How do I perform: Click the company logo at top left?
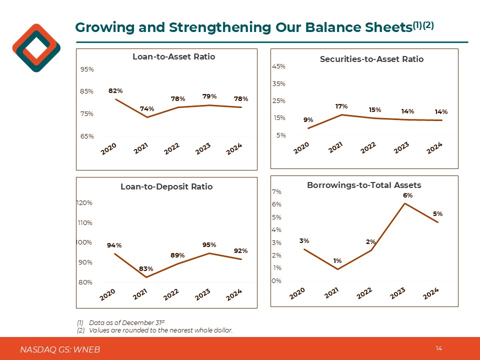pos(36,48)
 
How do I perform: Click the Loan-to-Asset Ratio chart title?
pos(173,57)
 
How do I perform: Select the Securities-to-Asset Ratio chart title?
pos(371,59)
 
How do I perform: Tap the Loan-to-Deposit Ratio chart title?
pos(166,186)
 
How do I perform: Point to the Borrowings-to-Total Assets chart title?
pos(364,185)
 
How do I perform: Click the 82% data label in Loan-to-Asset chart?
pos(115,91)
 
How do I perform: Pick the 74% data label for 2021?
pos(147,108)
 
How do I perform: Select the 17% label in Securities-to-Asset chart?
pos(341,106)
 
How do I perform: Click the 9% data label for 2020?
pos(308,120)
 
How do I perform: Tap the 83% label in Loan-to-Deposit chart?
pos(146,269)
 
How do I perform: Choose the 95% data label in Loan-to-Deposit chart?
pos(209,245)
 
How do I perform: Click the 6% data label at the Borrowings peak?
pos(408,195)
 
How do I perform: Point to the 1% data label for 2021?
pos(337,261)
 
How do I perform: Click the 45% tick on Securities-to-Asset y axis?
pos(279,66)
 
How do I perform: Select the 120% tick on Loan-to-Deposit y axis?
pos(84,203)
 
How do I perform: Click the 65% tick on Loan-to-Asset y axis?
pos(87,136)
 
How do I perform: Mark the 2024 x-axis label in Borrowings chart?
pos(431,294)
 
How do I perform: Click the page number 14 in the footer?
pos(439,348)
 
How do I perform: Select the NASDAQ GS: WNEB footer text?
pos(60,349)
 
